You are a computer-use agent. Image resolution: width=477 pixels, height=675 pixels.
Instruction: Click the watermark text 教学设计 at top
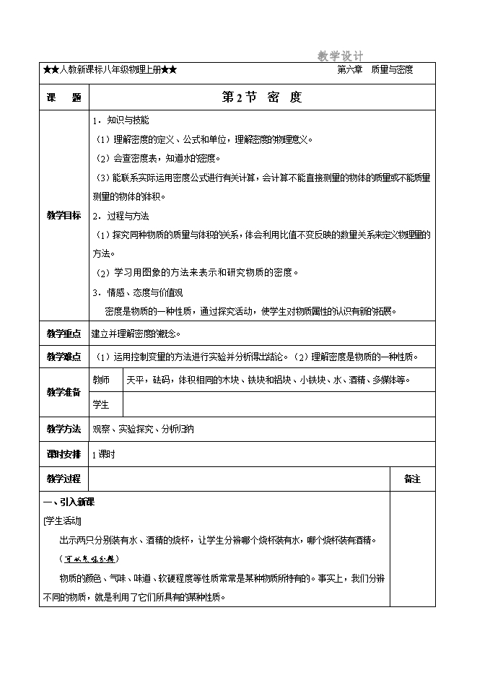click(x=340, y=56)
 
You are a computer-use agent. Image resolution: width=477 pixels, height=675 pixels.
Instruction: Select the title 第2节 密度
click(x=261, y=97)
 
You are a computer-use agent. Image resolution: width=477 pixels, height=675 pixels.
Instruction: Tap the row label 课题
click(x=63, y=97)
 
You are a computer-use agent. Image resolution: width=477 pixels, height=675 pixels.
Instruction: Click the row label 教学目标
click(x=64, y=216)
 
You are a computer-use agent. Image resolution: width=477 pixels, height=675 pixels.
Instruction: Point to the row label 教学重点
click(x=64, y=334)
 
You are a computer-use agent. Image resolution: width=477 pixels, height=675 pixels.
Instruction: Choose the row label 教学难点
click(x=64, y=357)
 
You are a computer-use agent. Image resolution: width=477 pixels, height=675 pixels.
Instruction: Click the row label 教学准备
click(x=64, y=392)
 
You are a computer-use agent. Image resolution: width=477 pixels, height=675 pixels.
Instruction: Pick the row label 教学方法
click(x=64, y=429)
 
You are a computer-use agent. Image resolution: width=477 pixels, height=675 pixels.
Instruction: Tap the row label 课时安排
click(x=64, y=454)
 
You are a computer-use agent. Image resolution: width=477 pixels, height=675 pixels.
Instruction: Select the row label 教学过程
click(x=64, y=479)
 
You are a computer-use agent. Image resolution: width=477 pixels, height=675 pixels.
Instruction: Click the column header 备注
click(x=412, y=479)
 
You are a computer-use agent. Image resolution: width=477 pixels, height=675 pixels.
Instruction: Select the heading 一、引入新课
click(x=65, y=502)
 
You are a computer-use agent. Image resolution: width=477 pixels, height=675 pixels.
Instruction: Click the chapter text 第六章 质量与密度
click(x=375, y=70)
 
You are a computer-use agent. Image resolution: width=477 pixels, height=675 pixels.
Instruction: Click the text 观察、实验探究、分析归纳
click(x=144, y=430)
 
